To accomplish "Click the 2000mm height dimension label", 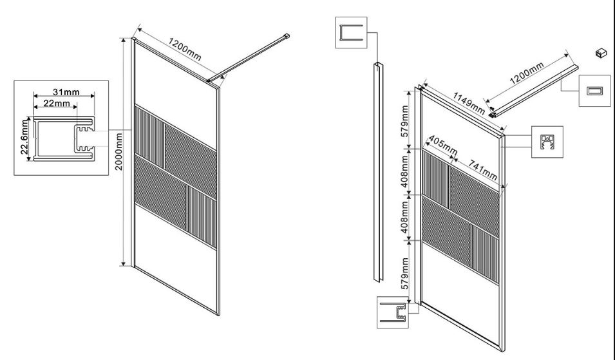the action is coord(119,151).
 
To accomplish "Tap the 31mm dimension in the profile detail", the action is coord(66,91).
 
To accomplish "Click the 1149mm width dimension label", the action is coord(469,103).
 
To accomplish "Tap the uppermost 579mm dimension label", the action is coord(405,120).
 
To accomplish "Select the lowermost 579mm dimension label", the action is coord(405,273).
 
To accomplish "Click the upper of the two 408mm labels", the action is coord(405,171).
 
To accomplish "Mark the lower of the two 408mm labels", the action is coord(405,217).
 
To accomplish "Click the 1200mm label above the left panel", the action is coord(185,50).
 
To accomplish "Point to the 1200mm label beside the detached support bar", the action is coord(527,73).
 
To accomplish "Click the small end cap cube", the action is coord(600,53).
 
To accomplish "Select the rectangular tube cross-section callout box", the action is coord(594,91).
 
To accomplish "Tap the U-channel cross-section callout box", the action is coord(351,33).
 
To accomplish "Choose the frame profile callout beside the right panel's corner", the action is coord(547,142).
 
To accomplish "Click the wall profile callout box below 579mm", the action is coord(393,312).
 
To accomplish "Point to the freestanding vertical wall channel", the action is coord(379,172).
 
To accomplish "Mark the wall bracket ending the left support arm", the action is coord(287,37).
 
